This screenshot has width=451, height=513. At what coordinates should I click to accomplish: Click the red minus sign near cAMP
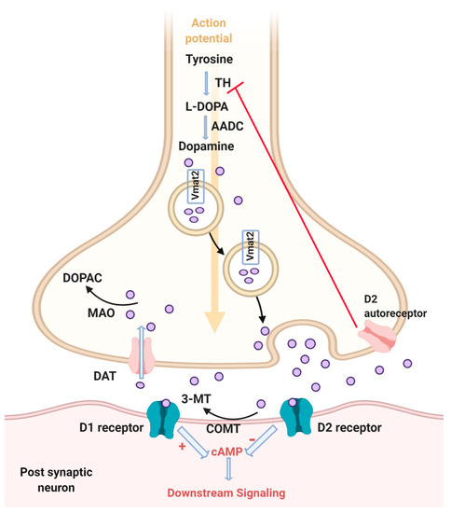pos(270,437)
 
